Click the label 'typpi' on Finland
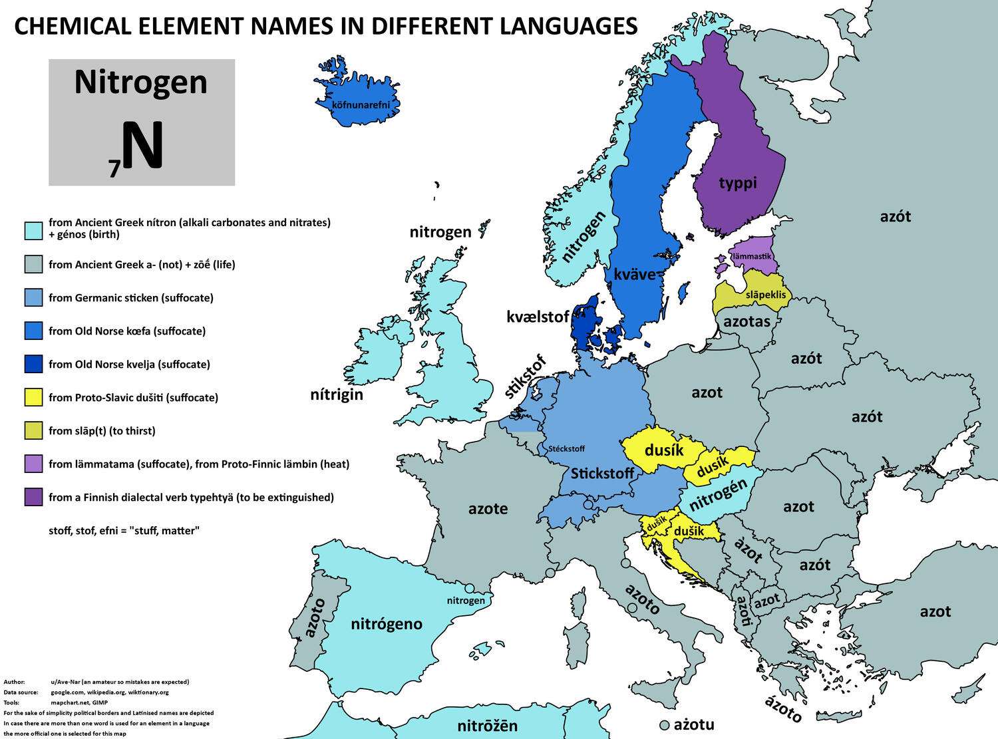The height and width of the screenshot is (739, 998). (738, 182)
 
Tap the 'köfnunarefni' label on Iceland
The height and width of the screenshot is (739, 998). (356, 104)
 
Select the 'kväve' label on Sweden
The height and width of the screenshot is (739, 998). (635, 274)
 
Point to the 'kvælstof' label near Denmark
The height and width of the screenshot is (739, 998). (538, 317)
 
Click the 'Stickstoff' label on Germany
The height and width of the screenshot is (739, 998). (603, 474)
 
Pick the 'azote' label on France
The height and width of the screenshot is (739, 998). (488, 509)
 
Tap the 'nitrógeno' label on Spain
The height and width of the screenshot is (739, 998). (387, 624)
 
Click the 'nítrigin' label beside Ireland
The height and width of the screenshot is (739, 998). (337, 394)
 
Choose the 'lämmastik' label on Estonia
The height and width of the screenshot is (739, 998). (751, 256)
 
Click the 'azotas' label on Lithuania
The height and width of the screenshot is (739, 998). (747, 322)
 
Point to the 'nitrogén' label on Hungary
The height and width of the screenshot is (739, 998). (719, 496)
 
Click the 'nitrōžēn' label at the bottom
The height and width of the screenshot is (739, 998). (488, 726)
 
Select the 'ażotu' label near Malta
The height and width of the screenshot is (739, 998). (694, 724)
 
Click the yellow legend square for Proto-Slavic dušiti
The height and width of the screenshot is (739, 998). (33, 398)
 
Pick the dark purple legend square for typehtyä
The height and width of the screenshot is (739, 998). (33, 498)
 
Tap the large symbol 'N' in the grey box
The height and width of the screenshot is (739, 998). (142, 148)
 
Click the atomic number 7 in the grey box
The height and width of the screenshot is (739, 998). (114, 170)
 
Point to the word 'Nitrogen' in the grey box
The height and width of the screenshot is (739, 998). (141, 82)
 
